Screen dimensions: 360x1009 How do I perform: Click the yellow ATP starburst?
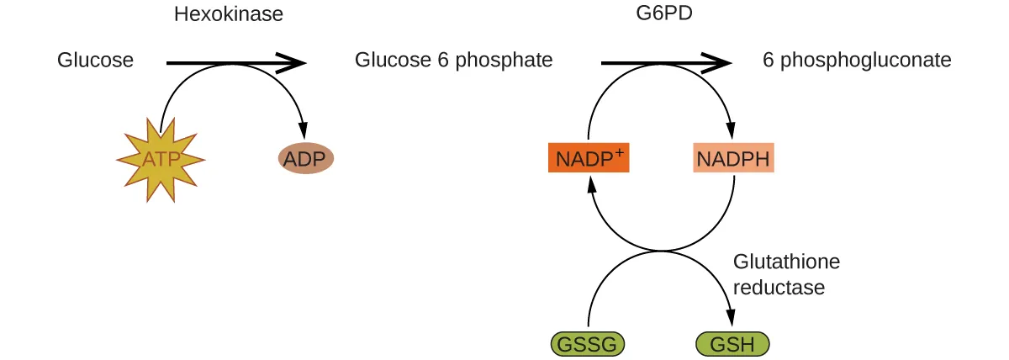[160, 159]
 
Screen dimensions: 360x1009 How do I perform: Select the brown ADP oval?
[306, 158]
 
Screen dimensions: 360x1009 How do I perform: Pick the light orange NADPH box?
[733, 158]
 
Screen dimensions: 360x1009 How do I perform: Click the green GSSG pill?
[588, 344]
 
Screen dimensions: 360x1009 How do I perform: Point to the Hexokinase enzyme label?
[228, 14]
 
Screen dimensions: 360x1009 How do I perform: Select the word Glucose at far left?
[95, 61]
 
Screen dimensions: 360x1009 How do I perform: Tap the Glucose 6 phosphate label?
[453, 61]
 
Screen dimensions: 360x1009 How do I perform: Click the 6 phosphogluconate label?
[857, 61]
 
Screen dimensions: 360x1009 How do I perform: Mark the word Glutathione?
[786, 262]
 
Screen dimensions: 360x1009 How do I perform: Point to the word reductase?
[779, 287]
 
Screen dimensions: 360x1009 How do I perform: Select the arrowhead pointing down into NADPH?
[733, 132]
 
